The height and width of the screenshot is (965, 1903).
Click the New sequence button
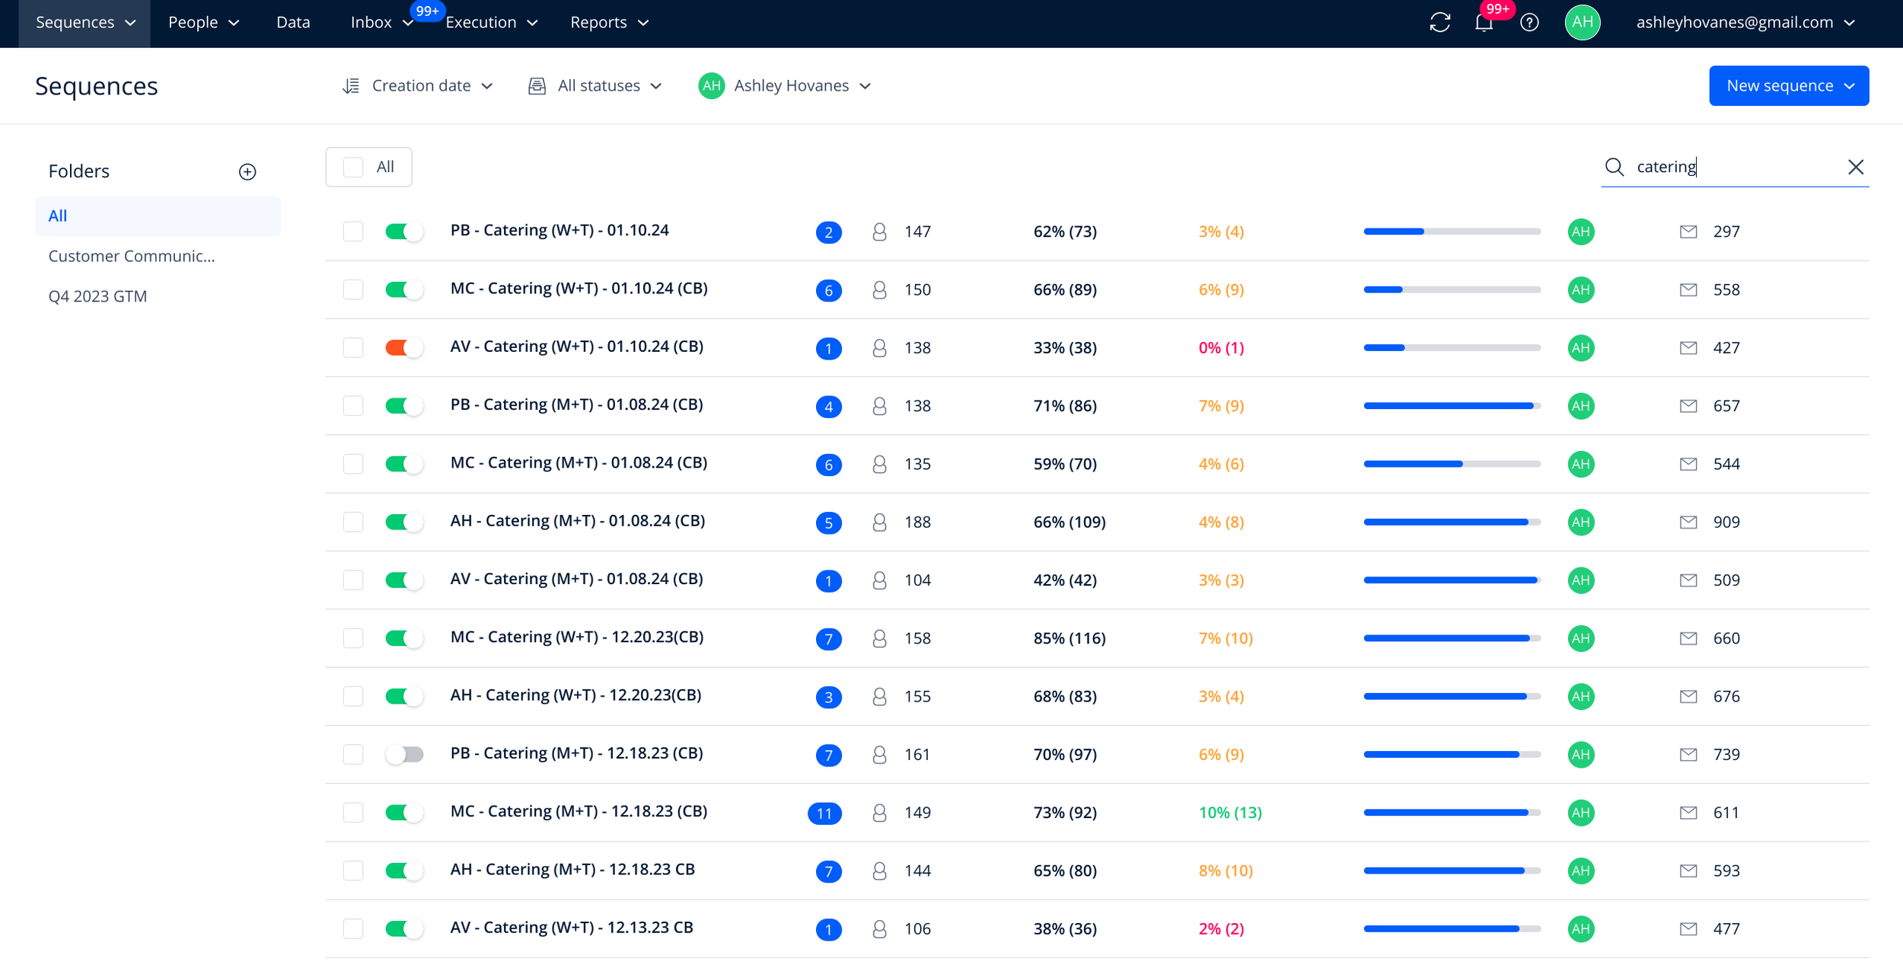[x=1788, y=85]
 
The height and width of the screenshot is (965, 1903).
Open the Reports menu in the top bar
[x=609, y=22]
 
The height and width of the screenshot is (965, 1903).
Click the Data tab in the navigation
[x=293, y=22]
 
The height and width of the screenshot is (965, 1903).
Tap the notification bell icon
[x=1484, y=23]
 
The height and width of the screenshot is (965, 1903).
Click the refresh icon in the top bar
[x=1439, y=23]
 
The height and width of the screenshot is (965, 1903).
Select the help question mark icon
[x=1529, y=23]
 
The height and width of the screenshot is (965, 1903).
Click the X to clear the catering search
[x=1855, y=167]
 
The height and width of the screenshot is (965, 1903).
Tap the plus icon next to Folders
[x=247, y=171]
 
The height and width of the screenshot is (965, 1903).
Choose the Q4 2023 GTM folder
[x=97, y=296]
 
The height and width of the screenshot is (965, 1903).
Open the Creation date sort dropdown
[x=418, y=85]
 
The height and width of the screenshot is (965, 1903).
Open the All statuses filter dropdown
[x=595, y=85]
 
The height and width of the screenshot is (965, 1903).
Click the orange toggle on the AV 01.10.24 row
[x=404, y=347]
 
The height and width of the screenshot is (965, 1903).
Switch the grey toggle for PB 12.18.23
[x=404, y=754]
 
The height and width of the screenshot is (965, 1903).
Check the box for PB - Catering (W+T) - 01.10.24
[x=353, y=231]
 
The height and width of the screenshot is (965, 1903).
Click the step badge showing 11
[x=824, y=813]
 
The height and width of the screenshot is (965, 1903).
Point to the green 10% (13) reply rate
[x=1230, y=813]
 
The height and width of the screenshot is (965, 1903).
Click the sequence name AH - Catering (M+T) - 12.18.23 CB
[x=572, y=869]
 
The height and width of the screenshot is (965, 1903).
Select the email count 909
[x=1726, y=522]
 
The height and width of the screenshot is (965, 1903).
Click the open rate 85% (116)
[x=1069, y=638]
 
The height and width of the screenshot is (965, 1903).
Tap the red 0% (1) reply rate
[x=1221, y=347]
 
